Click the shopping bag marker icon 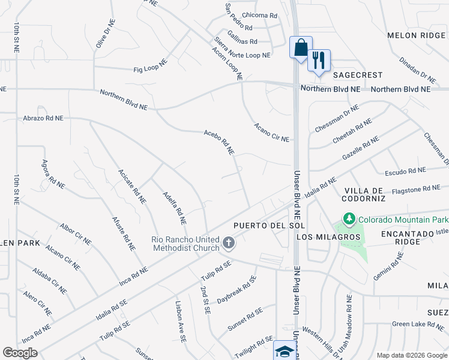point(301,47)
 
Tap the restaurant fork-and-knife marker point(319,60)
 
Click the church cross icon point(228,243)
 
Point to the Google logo point(20,353)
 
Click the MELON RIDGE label point(418,35)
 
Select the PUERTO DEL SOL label point(270,225)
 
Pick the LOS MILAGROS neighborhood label point(328,237)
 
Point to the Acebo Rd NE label point(218,143)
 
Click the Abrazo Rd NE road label point(43,119)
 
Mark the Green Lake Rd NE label point(417,324)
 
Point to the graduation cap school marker point(285,350)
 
